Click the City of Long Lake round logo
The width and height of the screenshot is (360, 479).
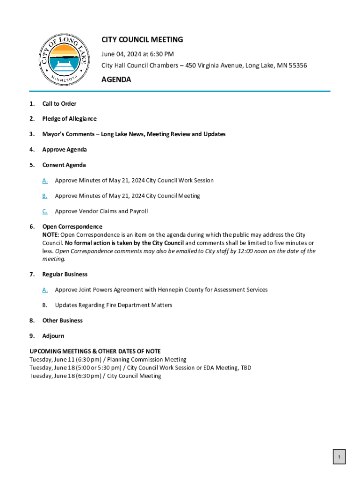[x=64, y=60]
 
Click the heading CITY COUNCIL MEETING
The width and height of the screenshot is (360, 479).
[x=142, y=40]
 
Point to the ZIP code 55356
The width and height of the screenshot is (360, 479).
[x=297, y=65]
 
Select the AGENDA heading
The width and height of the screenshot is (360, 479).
[x=116, y=80]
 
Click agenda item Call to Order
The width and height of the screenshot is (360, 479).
[x=59, y=103]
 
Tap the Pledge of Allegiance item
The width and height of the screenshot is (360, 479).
[x=69, y=119]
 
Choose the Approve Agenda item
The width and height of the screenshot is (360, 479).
[x=65, y=150]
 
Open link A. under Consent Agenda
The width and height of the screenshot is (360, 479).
[x=45, y=181]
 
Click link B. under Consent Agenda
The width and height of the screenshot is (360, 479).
[x=45, y=196]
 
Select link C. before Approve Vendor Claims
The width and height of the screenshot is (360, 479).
[x=45, y=211]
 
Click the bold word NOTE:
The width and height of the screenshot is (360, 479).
[x=50, y=235]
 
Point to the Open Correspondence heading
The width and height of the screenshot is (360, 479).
[x=72, y=227]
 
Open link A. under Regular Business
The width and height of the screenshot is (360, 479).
[x=45, y=290]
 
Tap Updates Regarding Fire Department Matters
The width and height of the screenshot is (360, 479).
[x=114, y=305]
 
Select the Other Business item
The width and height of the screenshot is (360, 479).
[x=63, y=320]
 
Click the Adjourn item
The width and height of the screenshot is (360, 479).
[x=53, y=336]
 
